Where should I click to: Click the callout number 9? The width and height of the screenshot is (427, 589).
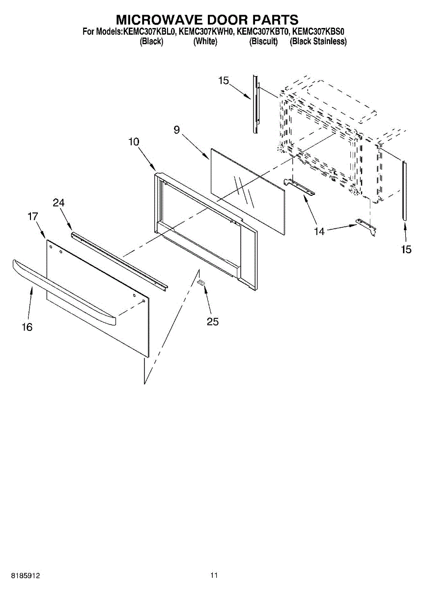(x=177, y=130)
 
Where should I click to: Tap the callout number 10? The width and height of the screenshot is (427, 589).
(x=134, y=142)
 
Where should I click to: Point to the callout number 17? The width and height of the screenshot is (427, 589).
(x=33, y=216)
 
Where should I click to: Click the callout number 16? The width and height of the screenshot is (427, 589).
(x=27, y=327)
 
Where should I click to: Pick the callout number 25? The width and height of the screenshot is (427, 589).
(x=213, y=321)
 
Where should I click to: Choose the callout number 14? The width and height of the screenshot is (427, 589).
(x=319, y=231)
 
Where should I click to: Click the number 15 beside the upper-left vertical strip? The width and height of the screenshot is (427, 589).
(x=224, y=80)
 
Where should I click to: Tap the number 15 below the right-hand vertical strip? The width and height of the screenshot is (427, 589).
(x=406, y=249)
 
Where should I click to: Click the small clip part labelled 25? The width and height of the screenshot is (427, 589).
(x=201, y=282)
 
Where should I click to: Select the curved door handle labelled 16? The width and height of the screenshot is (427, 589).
(x=64, y=292)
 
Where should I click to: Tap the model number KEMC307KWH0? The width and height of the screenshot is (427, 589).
(x=206, y=32)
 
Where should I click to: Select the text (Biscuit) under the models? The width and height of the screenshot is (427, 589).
(x=263, y=41)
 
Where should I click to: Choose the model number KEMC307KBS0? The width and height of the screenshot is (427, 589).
(x=318, y=32)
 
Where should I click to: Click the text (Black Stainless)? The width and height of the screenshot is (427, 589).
(x=318, y=41)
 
